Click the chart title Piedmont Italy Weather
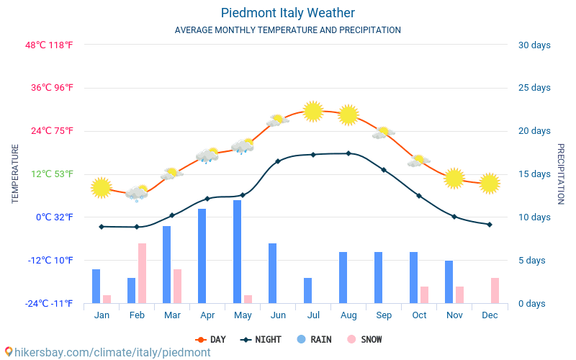[287, 13]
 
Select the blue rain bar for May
[237, 251]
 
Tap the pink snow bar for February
[143, 273]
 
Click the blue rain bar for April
[202, 256]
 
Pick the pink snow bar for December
[495, 290]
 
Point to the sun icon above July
[312, 111]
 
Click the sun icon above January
[102, 187]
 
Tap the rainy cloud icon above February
[136, 193]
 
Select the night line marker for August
[348, 153]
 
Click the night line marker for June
[278, 161]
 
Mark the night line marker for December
[490, 225]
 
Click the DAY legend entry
[210, 339]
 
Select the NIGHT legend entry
[262, 339]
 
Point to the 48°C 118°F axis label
[49, 45]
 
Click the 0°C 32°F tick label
[55, 217]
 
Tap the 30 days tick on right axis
[534, 45]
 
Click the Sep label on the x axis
[384, 315]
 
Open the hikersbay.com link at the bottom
[108, 352]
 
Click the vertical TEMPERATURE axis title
[15, 174]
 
